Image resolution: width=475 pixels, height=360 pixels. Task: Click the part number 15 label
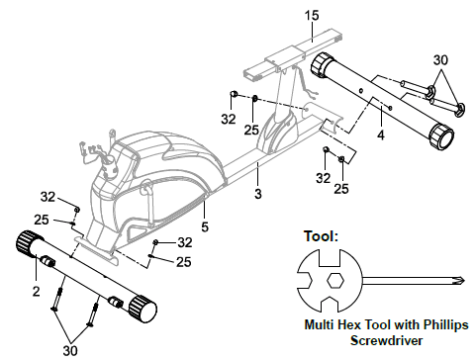312,15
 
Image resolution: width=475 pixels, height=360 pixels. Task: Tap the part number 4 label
381,135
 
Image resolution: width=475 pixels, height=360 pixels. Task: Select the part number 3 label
258,194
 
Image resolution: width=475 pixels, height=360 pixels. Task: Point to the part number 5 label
205,226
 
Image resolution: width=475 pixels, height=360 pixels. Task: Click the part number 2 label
37,291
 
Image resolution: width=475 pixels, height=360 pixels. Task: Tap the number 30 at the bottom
70,350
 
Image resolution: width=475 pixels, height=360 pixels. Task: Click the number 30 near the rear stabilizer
440,60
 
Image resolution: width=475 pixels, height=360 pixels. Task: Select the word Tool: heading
321,236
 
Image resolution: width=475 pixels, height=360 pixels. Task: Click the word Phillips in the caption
446,324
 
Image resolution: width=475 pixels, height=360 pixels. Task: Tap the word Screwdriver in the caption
386,340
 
